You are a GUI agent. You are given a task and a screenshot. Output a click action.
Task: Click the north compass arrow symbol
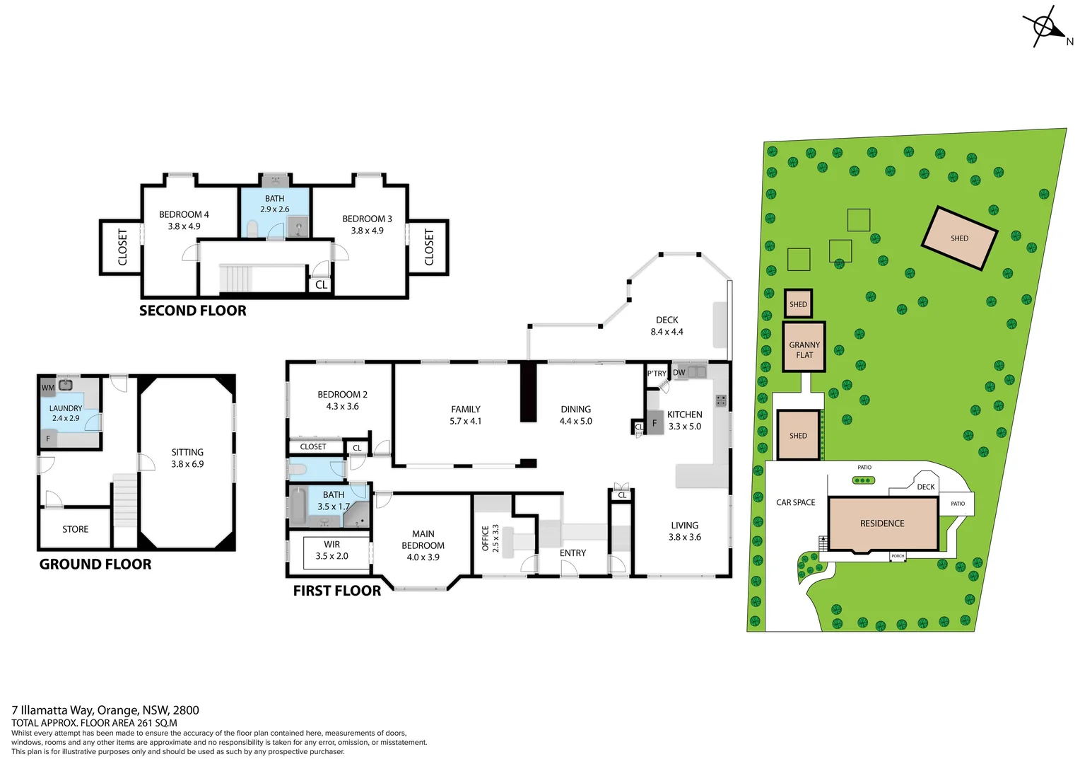pyautogui.click(x=1047, y=27)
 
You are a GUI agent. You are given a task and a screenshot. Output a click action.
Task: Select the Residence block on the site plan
pyautogui.click(x=882, y=523)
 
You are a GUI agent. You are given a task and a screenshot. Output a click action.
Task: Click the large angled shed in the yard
pyautogui.click(x=959, y=238)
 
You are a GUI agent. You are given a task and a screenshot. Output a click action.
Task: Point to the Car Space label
pyautogui.click(x=795, y=502)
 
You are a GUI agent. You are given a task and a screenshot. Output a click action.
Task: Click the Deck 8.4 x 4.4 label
pyautogui.click(x=667, y=326)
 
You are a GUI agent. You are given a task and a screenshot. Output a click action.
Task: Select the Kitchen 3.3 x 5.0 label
pyautogui.click(x=684, y=420)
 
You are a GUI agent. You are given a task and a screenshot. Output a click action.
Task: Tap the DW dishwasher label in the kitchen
pyautogui.click(x=679, y=373)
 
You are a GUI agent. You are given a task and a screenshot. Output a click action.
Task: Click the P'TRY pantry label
pyautogui.click(x=657, y=374)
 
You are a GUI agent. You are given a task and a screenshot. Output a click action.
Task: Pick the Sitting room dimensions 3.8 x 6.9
pyautogui.click(x=187, y=464)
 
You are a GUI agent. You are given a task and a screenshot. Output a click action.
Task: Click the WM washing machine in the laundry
pyautogui.click(x=47, y=388)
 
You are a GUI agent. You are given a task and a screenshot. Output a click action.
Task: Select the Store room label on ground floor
pyautogui.click(x=75, y=529)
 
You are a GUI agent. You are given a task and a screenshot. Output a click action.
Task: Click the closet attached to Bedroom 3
pyautogui.click(x=428, y=247)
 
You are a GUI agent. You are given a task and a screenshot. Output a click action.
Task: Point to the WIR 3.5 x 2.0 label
pyautogui.click(x=331, y=550)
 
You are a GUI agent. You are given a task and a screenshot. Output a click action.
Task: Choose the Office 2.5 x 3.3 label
pyautogui.click(x=491, y=538)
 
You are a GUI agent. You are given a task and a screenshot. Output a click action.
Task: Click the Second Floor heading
pyautogui.click(x=192, y=311)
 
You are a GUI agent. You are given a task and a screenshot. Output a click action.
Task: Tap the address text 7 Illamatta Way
pyautogui.click(x=105, y=710)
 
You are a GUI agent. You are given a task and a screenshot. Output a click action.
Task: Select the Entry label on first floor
pyautogui.click(x=573, y=553)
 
